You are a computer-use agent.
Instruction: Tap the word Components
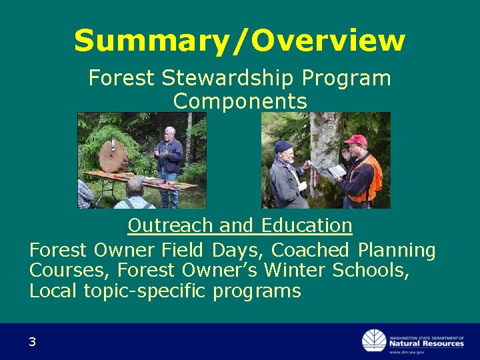(x=240, y=101)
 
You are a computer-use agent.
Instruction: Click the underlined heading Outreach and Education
(x=240, y=226)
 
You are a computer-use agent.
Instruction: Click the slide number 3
(x=32, y=342)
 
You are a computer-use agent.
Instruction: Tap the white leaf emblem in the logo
(x=373, y=341)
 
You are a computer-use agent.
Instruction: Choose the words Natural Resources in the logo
(x=427, y=343)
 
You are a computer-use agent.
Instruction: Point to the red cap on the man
(x=356, y=140)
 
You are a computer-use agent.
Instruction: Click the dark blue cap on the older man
(x=284, y=146)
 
